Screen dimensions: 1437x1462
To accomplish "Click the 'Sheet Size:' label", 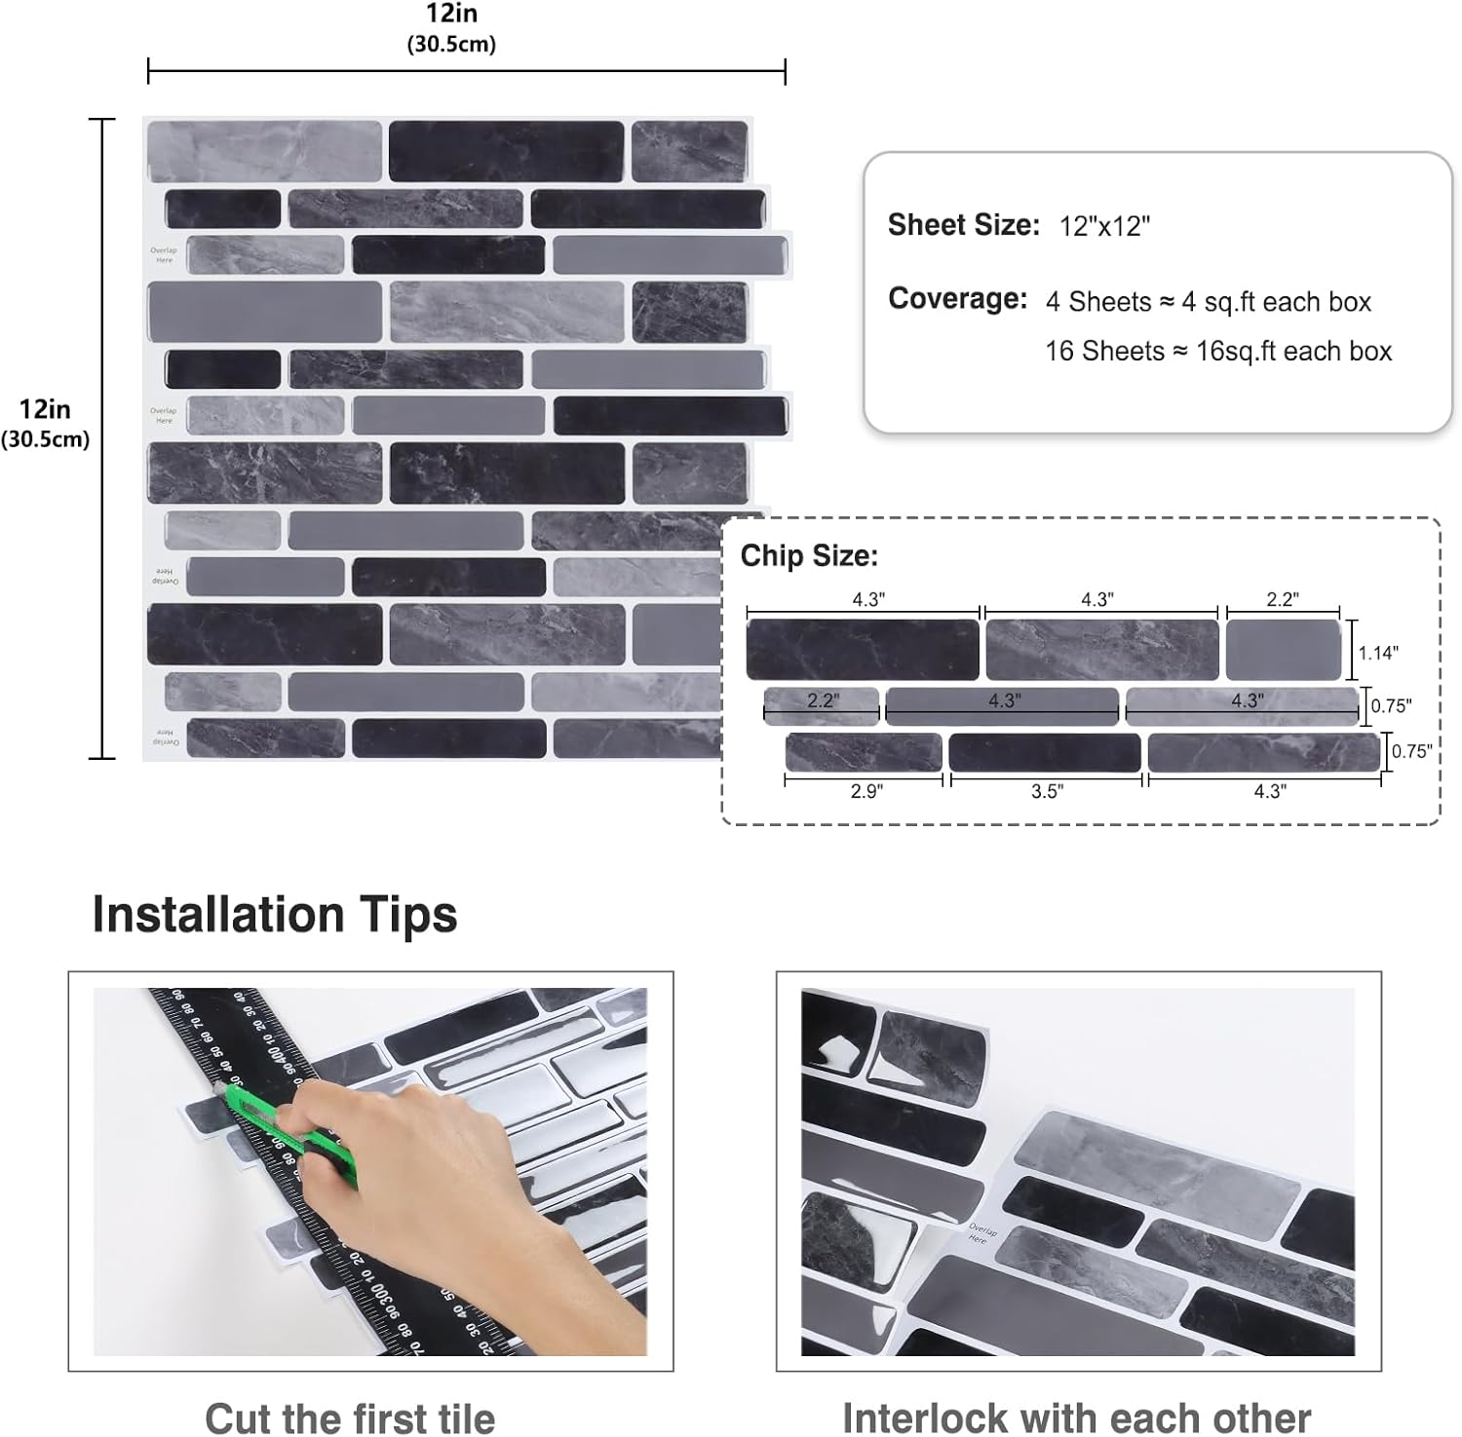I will tap(963, 225).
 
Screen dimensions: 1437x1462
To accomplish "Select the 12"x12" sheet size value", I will tap(1104, 226).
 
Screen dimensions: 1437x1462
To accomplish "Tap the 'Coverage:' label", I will tap(957, 299).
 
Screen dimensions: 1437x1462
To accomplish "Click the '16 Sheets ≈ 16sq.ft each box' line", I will tap(1218, 351).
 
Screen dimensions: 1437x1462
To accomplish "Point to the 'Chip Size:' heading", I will tap(809, 556).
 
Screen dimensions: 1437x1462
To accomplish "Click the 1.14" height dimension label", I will tap(1378, 653).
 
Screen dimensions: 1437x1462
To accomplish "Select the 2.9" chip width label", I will tap(866, 791).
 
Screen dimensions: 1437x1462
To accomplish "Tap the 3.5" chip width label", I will tap(1047, 791).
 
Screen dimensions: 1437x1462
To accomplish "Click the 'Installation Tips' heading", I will tap(275, 915).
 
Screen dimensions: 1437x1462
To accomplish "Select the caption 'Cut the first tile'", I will tap(350, 1418).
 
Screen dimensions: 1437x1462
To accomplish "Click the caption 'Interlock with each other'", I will tap(1076, 1418).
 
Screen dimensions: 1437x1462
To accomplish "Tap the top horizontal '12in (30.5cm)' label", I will tap(450, 28).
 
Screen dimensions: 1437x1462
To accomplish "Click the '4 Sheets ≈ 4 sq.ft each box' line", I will tap(1208, 302).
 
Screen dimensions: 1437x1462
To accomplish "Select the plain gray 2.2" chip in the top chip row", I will tap(1283, 650).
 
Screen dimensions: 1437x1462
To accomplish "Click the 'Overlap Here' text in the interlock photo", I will tap(979, 1233).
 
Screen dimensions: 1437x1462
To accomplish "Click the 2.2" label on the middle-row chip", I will tap(823, 700).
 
